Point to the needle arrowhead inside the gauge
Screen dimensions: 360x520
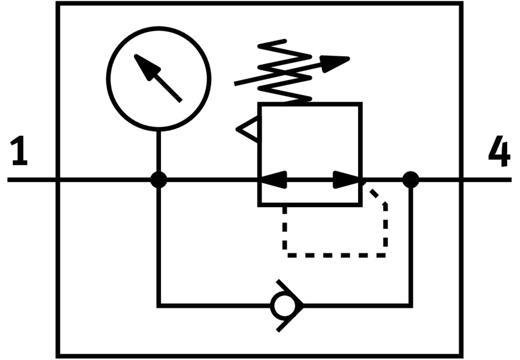143,64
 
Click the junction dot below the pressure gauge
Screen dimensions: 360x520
159,180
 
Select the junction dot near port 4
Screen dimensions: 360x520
411,180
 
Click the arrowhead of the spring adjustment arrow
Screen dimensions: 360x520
337,62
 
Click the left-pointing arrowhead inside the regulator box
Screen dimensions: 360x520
272,180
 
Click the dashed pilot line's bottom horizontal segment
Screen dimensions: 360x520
335,255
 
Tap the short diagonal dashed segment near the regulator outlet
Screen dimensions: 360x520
378,196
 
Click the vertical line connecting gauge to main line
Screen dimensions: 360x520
159,153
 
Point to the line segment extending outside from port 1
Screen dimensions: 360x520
32,180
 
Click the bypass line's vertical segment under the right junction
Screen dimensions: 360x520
411,246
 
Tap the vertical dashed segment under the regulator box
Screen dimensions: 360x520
285,229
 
